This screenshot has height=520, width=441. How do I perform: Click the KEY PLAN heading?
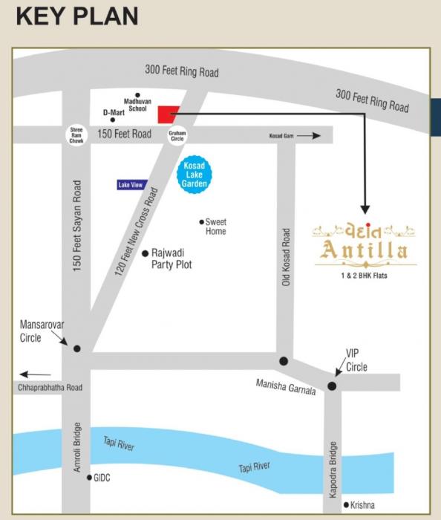(77, 16)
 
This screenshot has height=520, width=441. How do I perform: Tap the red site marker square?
(166, 113)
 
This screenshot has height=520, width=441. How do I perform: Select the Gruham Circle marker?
(177, 134)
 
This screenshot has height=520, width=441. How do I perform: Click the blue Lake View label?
(130, 184)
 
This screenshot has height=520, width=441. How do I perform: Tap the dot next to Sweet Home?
(201, 221)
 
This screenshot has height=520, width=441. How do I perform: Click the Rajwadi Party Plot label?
(171, 259)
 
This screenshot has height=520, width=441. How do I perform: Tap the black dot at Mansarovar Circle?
(76, 348)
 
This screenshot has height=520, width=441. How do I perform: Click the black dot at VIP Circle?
(332, 386)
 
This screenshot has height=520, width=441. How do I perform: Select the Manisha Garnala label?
(286, 386)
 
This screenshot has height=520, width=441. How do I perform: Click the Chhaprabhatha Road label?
(50, 388)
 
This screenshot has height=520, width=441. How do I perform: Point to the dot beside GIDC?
(89, 478)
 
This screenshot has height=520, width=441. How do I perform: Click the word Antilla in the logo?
(364, 250)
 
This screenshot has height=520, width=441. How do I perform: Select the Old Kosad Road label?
(287, 256)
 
